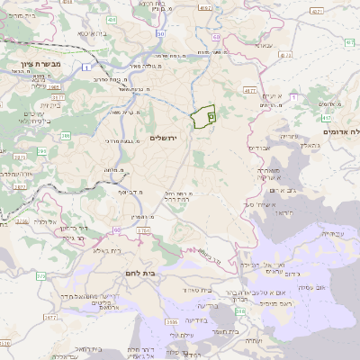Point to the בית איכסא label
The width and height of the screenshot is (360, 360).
tap(97, 32)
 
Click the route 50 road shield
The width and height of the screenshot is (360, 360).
tap(160, 33)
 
